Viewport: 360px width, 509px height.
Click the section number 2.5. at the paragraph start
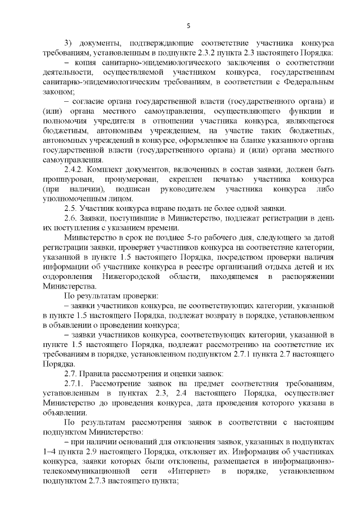coord(71,208)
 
